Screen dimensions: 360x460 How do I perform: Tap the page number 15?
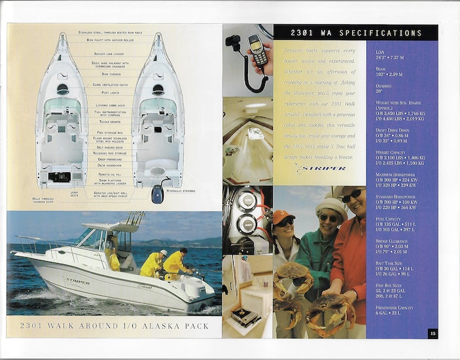click(433, 333)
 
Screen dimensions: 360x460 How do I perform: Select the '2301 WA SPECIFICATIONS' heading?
click(356, 33)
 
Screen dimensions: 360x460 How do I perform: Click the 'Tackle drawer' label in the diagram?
click(109, 121)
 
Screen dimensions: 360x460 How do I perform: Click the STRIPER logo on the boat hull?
click(77, 281)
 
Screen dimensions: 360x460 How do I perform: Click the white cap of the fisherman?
click(164, 252)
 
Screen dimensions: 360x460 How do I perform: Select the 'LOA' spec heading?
click(380, 51)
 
